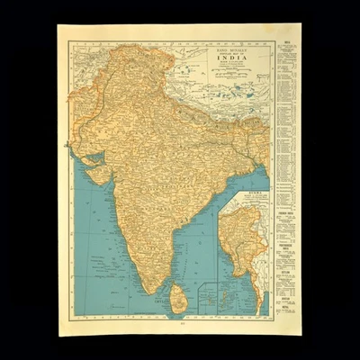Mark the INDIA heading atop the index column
(285, 41)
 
